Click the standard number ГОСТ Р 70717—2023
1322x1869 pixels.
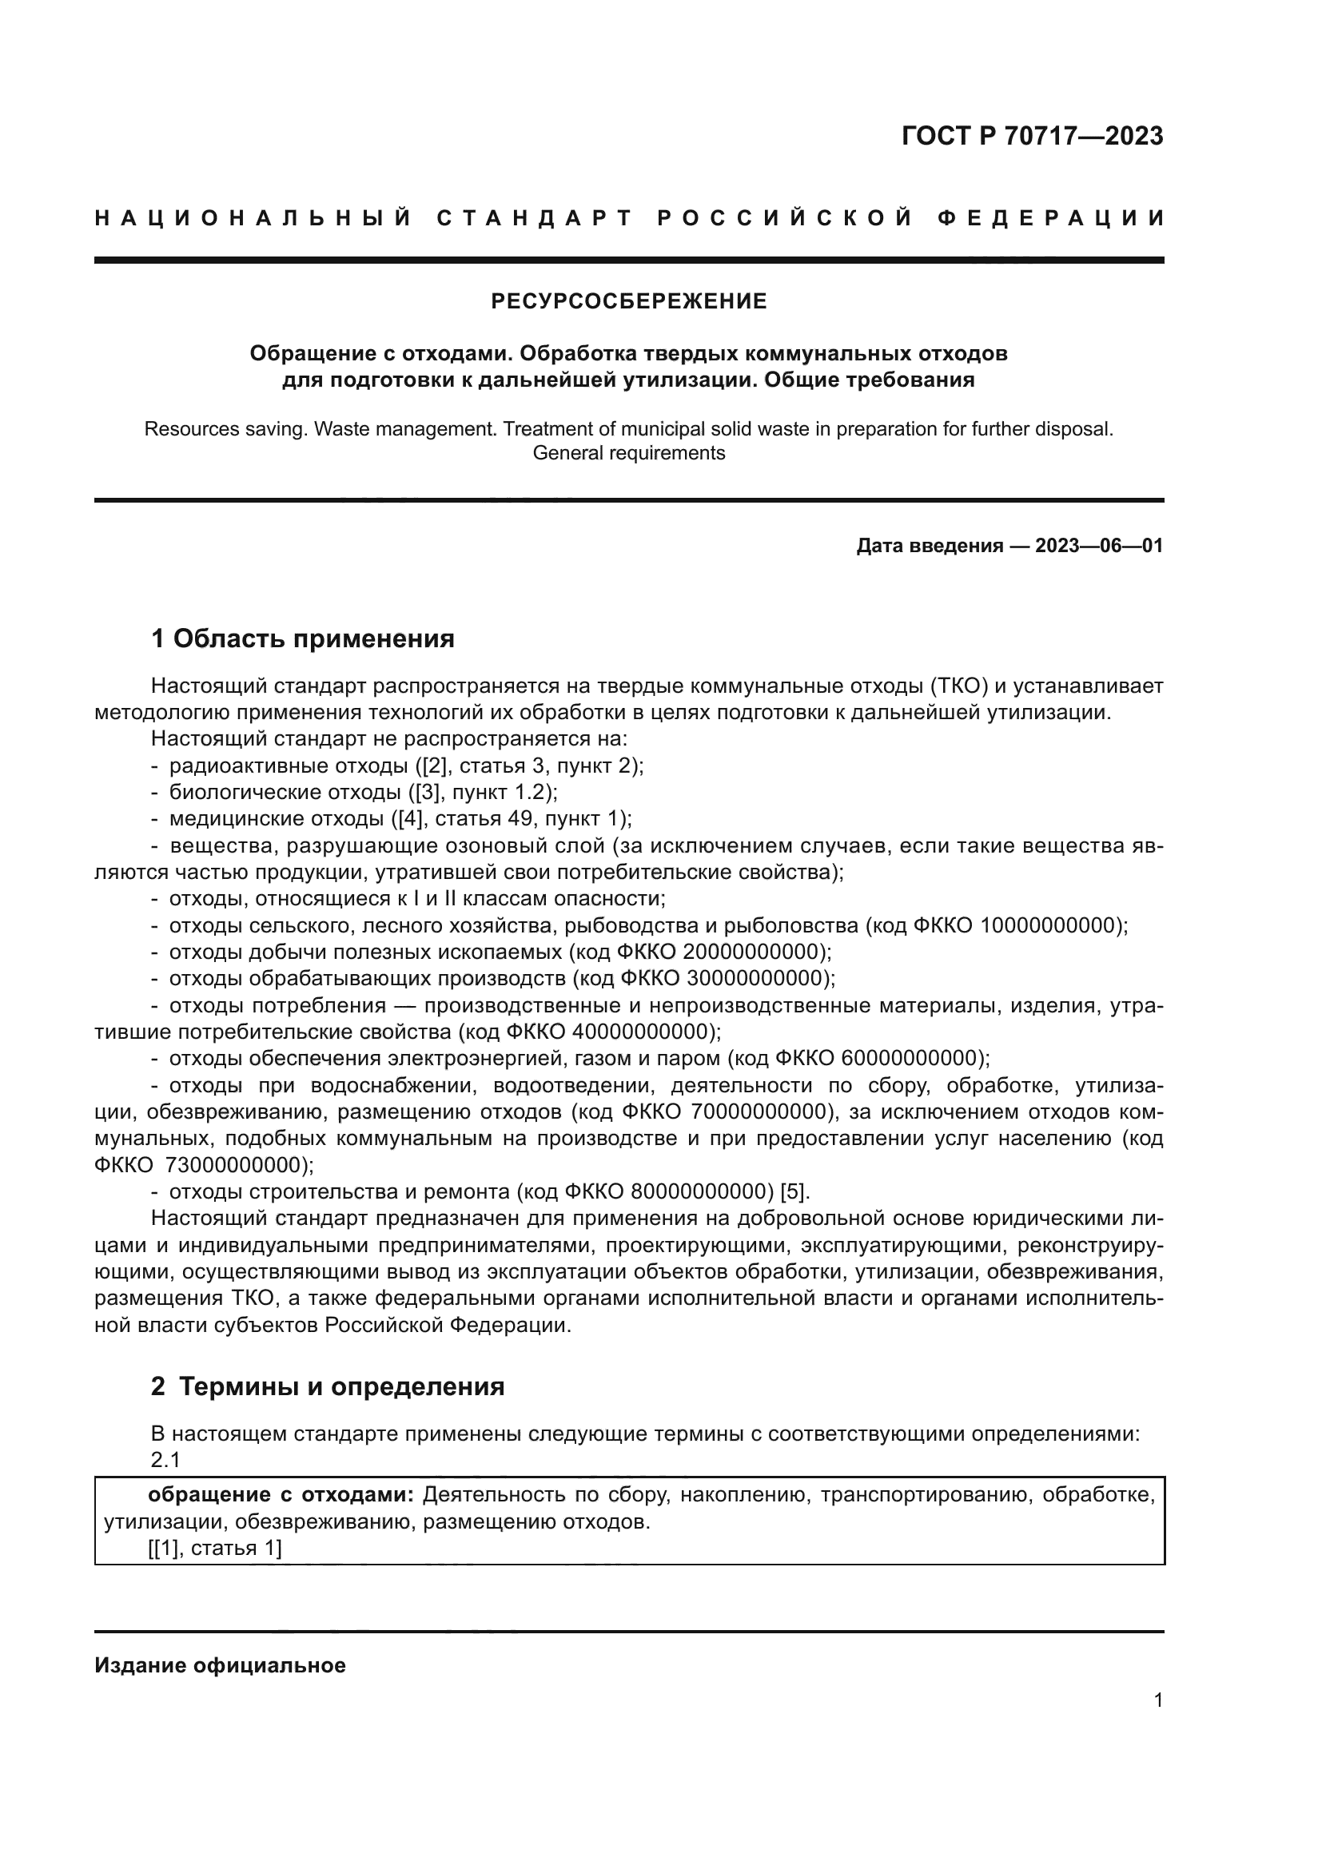point(1032,136)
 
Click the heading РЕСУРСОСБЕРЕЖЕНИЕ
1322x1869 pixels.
point(628,302)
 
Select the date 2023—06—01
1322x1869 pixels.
point(1099,546)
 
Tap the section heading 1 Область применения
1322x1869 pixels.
point(303,639)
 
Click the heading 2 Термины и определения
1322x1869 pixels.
point(327,1386)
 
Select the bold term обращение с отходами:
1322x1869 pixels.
point(281,1495)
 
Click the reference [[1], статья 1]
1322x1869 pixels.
point(215,1549)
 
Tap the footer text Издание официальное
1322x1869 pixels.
point(220,1665)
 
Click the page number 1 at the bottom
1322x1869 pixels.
point(1158,1700)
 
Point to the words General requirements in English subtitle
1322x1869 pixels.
point(628,453)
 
